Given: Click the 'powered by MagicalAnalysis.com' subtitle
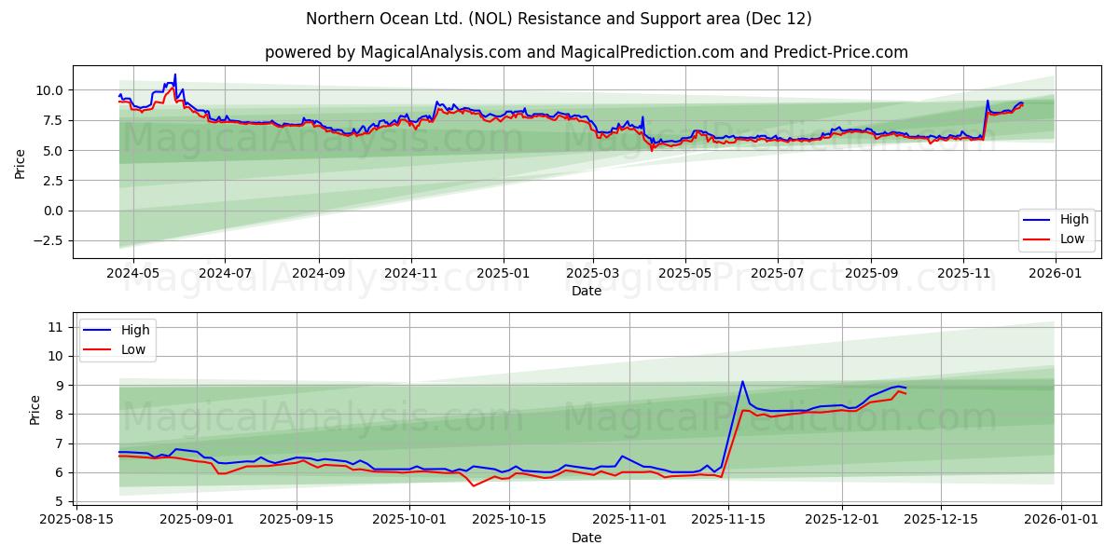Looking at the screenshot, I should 586,52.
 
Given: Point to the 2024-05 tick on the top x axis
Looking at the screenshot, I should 132,273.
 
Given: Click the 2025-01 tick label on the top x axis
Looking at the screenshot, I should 503,273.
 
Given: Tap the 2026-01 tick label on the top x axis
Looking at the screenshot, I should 1056,273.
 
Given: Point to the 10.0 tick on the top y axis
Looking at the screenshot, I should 49,90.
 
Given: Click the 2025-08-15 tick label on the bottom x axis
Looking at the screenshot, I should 76,520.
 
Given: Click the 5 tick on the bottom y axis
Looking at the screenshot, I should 59,502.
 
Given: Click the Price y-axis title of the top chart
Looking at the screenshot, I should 21,163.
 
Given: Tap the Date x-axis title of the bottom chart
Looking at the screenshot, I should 586,538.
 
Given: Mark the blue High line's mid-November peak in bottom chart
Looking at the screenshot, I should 742,381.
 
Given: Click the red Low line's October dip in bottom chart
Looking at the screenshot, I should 473,485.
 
